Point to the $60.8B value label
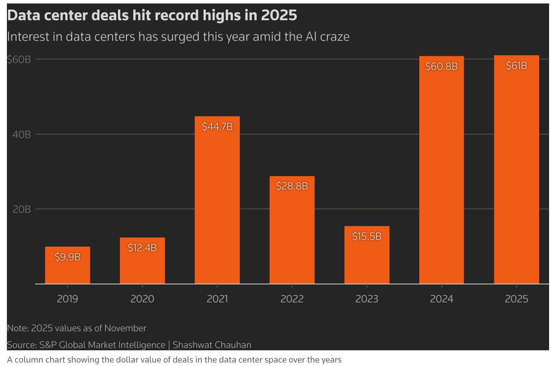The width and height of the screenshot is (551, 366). (x=441, y=67)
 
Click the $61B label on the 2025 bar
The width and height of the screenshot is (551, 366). (x=516, y=66)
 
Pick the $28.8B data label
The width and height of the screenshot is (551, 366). (x=292, y=186)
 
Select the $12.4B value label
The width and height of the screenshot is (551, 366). (x=142, y=248)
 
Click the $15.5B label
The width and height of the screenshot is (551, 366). (x=367, y=236)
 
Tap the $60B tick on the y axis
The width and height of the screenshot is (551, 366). (x=19, y=59)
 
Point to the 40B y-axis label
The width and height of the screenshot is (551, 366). (x=21, y=134)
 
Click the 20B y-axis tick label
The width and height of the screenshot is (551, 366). (x=21, y=209)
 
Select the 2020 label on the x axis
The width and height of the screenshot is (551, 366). (x=142, y=299)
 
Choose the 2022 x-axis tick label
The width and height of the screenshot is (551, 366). (x=292, y=299)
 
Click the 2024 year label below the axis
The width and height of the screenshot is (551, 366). (x=441, y=299)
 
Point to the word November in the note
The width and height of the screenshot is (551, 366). (x=125, y=328)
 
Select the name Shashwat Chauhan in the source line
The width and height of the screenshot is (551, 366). (x=212, y=345)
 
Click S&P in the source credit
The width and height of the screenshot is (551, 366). (x=48, y=345)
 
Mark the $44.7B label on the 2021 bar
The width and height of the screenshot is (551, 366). (x=217, y=126)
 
